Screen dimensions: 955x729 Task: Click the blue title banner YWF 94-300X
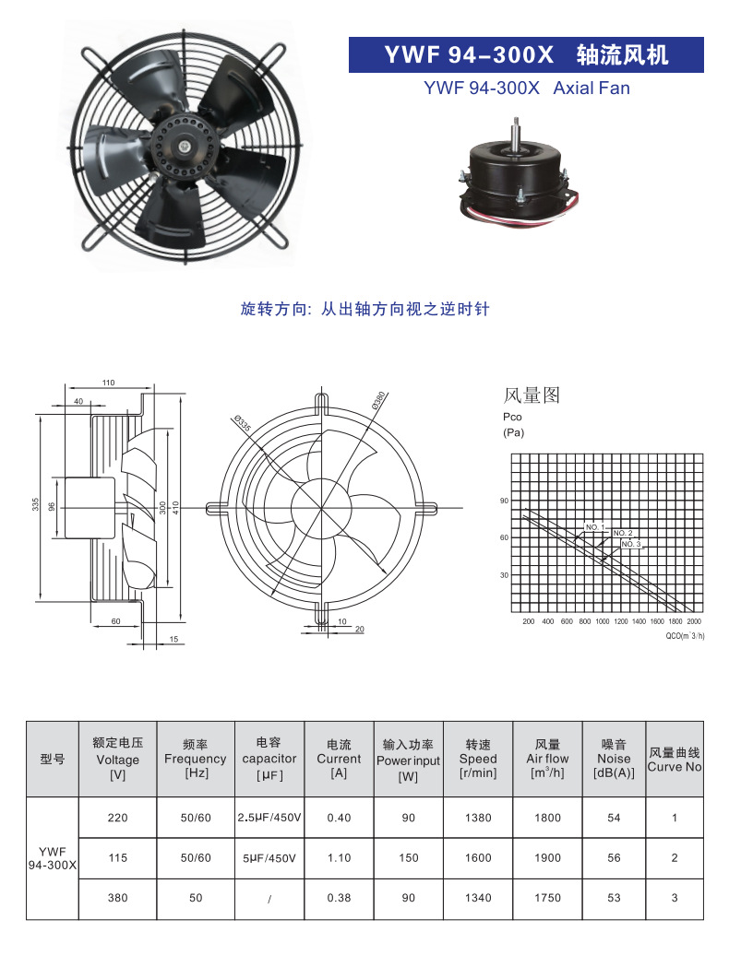coord(526,55)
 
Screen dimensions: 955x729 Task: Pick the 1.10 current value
coord(339,858)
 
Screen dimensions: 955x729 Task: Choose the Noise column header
coord(614,759)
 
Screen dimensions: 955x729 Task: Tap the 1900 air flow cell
coord(547,858)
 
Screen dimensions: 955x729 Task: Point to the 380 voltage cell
coord(117,898)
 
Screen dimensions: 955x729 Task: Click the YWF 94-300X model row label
coord(53,858)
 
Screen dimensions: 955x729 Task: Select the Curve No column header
coord(675,760)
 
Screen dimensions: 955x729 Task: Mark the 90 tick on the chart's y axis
coord(504,501)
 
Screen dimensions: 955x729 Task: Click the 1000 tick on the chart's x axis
coord(603,622)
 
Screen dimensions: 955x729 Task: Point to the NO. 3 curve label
coord(630,544)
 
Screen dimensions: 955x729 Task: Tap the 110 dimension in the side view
coord(108,383)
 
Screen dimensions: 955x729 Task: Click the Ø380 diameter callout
coord(378,401)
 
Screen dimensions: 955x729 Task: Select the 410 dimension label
coord(175,507)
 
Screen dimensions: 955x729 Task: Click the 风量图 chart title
coord(532,396)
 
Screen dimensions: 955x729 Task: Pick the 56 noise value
coord(614,858)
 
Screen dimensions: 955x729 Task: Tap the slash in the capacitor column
coord(268,898)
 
